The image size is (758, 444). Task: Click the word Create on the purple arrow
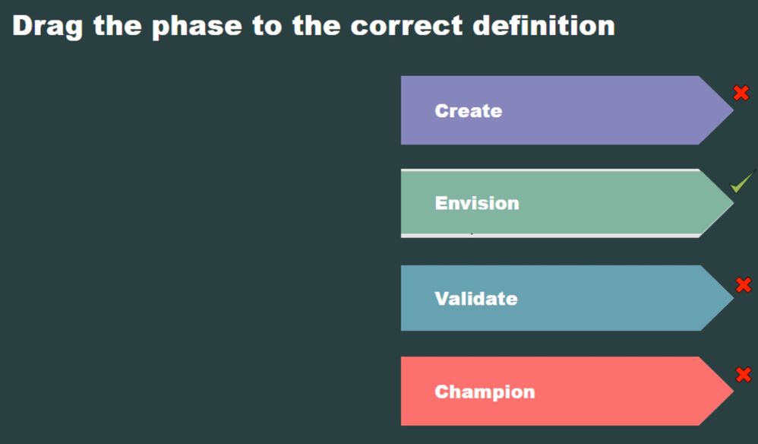click(468, 111)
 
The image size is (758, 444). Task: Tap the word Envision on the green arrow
click(477, 203)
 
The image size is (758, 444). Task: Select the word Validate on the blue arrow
click(475, 299)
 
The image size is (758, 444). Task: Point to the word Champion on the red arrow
click(485, 392)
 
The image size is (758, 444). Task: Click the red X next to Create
click(741, 93)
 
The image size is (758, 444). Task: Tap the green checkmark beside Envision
click(741, 182)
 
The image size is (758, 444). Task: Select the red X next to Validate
click(744, 285)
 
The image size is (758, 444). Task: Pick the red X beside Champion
click(744, 374)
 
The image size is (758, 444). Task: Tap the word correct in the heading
click(406, 26)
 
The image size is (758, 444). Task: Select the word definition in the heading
click(543, 25)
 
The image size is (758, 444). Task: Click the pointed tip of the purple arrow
click(733, 109)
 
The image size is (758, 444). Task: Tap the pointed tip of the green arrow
click(733, 203)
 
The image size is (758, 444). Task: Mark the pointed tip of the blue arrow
click(733, 298)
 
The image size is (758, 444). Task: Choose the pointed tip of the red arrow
click(733, 391)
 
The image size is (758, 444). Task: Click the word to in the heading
click(267, 26)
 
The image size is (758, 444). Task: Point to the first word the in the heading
click(118, 25)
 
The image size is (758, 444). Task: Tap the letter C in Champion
click(441, 392)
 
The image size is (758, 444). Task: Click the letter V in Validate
click(441, 299)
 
